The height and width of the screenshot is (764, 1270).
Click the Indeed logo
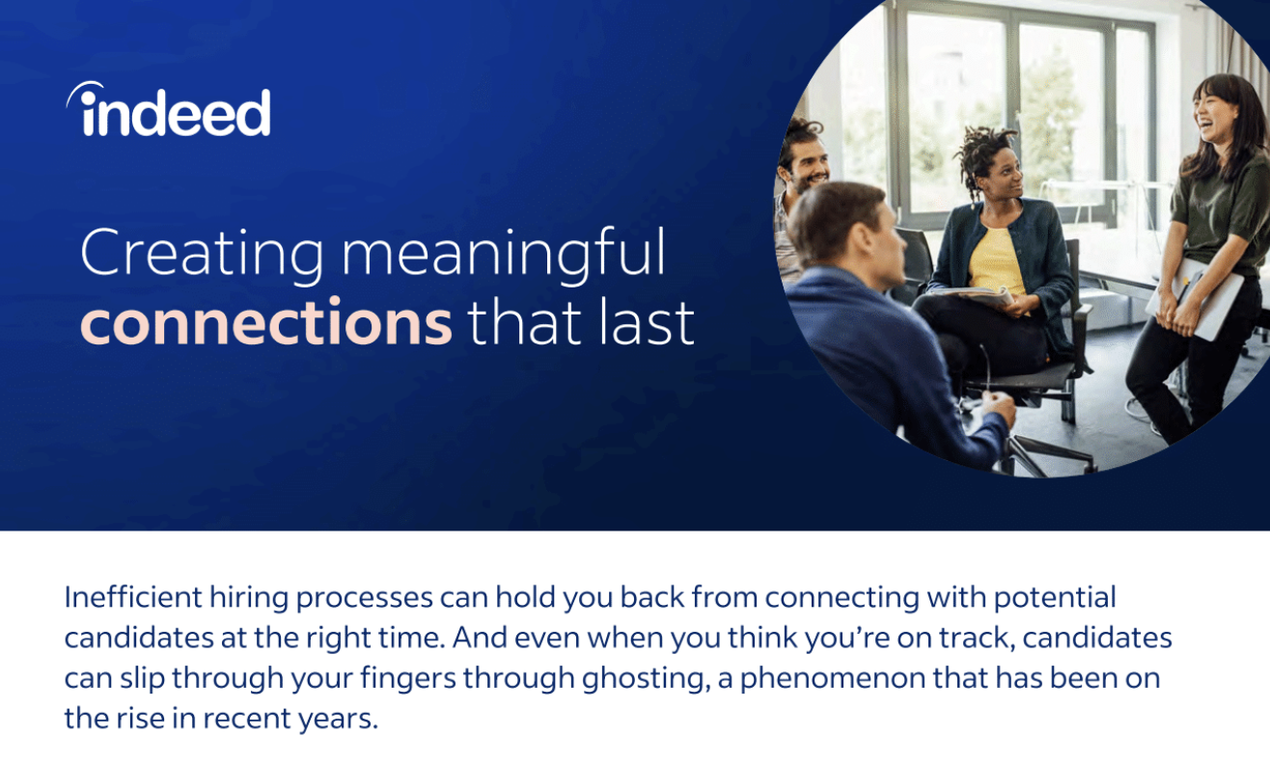coord(168,109)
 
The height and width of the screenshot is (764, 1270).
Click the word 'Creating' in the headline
coord(202,254)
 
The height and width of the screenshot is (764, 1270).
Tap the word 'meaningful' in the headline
coord(503,254)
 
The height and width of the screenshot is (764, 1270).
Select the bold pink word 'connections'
coord(266,321)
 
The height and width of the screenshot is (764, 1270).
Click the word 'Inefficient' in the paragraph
coord(132,597)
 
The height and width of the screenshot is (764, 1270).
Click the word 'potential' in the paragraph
coord(1055,598)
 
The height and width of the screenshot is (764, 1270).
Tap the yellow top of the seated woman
coord(995,261)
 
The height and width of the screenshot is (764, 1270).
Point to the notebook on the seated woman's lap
coord(971,295)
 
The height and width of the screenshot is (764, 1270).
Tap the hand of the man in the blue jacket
coord(999,407)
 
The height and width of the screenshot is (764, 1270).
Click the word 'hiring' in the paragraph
coord(249,598)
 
